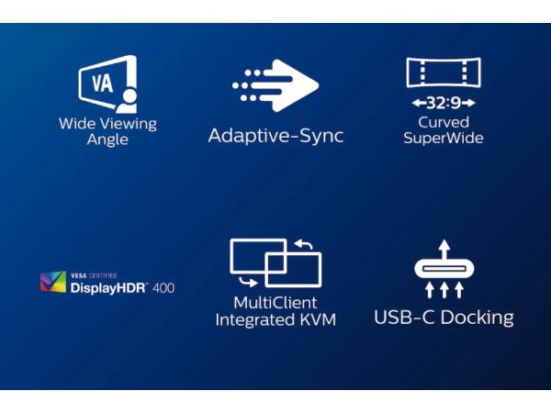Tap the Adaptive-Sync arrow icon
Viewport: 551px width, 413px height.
point(275,85)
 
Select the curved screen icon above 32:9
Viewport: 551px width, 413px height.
point(444,73)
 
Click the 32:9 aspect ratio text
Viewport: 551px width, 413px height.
point(444,104)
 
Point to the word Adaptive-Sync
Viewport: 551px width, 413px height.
point(275,136)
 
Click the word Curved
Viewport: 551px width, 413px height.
point(444,122)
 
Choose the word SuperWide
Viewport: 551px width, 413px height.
point(444,139)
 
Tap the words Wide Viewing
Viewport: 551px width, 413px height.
point(107,124)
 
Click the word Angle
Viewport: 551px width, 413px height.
point(107,140)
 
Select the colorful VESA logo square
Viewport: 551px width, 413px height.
point(53,282)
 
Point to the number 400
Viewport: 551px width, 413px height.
point(163,287)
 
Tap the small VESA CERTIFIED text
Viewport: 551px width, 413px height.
point(94,274)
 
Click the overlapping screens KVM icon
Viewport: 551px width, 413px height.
point(275,262)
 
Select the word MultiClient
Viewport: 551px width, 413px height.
point(275,303)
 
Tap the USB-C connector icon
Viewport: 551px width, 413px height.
point(444,269)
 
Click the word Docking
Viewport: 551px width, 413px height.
point(476,318)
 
